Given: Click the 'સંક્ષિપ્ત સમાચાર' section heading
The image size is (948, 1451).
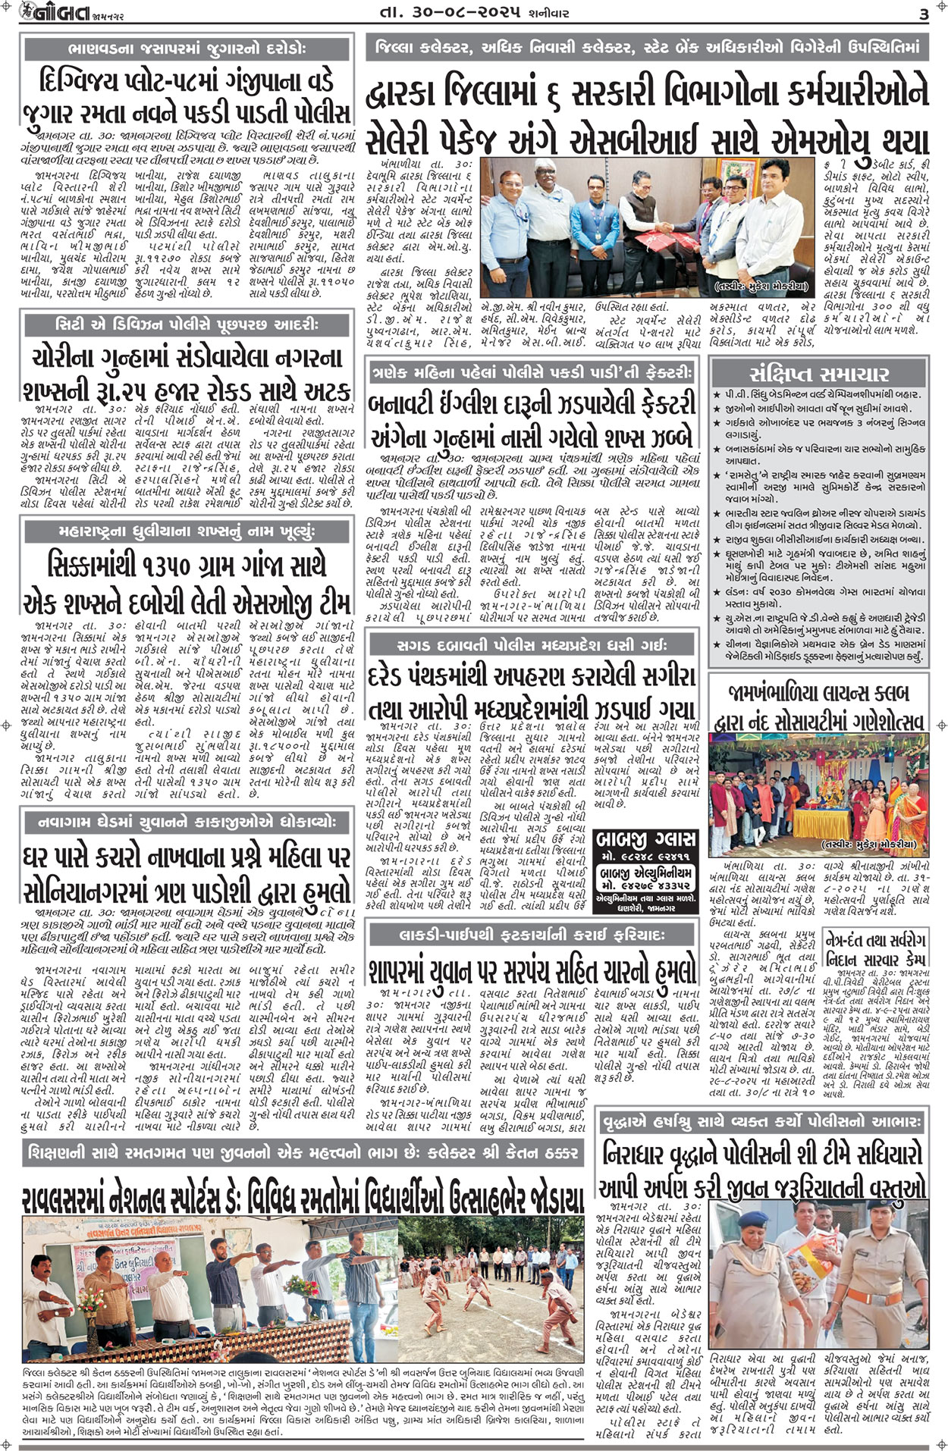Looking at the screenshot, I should coord(818,374).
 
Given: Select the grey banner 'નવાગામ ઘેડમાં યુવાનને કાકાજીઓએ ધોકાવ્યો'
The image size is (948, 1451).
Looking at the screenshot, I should coord(187,821).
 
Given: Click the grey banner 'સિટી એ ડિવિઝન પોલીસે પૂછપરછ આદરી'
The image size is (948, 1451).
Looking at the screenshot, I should coord(187,325).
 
